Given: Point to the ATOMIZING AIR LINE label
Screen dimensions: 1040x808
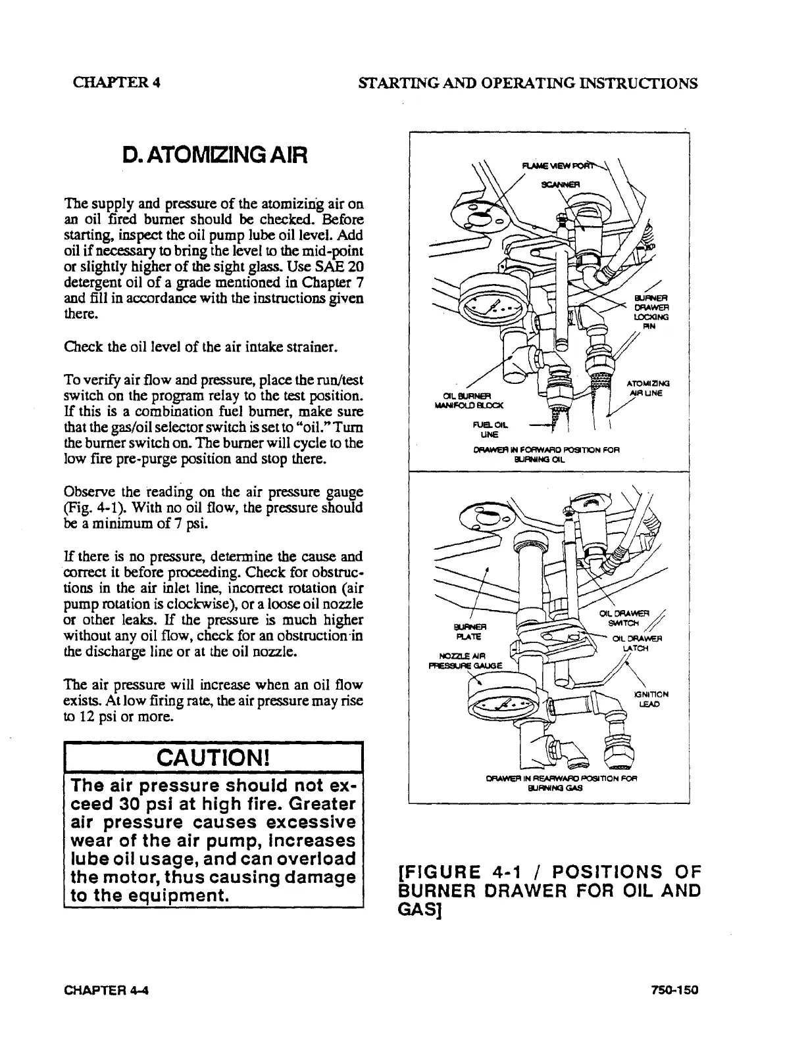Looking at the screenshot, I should (649, 389).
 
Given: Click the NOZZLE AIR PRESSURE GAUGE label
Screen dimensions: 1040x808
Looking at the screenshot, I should (465, 659).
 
